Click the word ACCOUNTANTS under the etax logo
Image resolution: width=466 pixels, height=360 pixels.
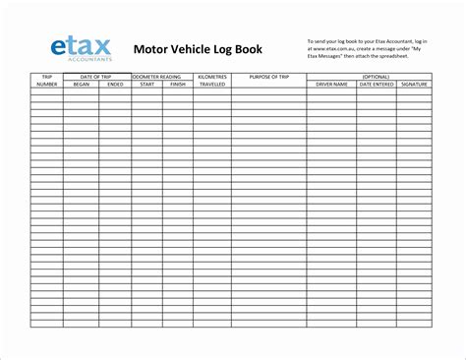click(x=80, y=59)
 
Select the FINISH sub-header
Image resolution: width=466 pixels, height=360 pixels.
click(x=178, y=85)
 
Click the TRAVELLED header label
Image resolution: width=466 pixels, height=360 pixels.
click(x=212, y=85)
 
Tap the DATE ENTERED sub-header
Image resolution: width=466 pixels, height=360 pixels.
click(x=378, y=85)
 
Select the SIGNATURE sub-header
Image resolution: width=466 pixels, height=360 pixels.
click(x=414, y=85)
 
